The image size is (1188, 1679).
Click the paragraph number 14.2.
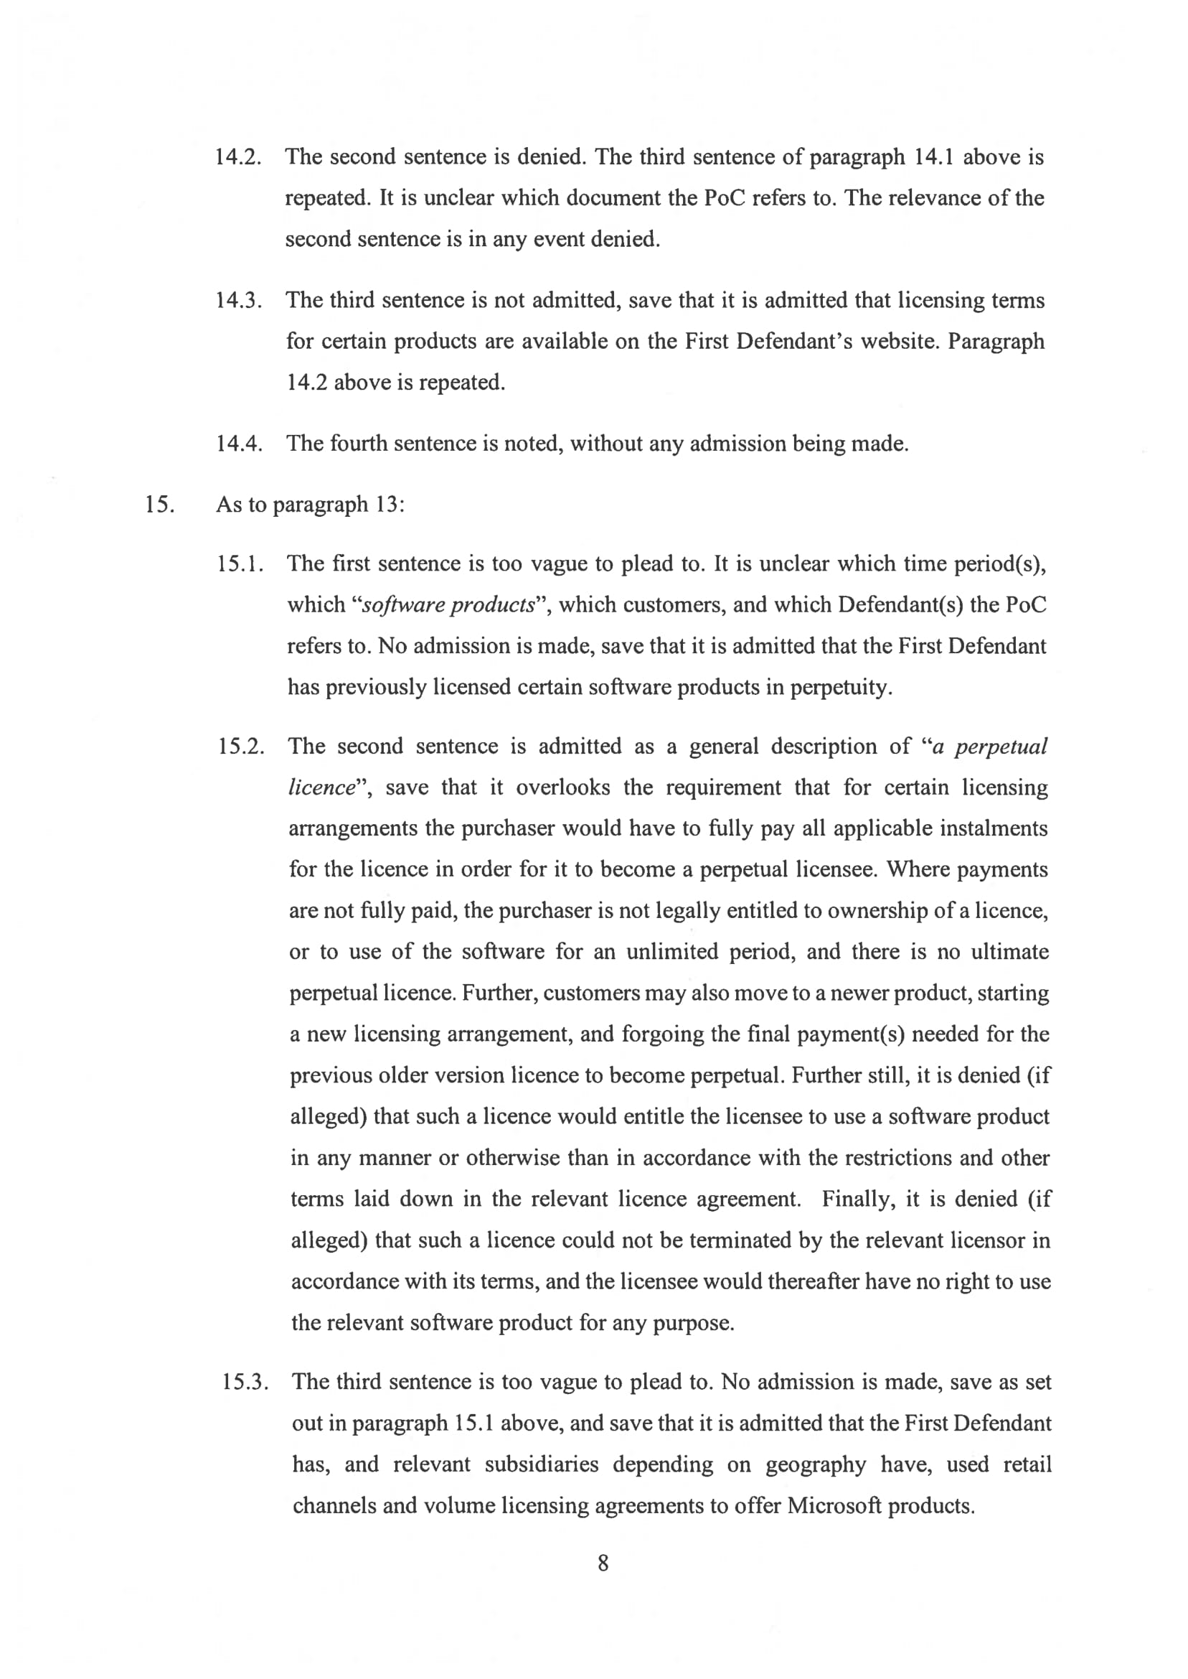[237, 157]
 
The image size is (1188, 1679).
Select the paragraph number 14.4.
[238, 444]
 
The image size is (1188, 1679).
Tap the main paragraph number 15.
[159, 505]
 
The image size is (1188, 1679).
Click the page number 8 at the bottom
[603, 1563]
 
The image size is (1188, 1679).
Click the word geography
[816, 1464]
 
